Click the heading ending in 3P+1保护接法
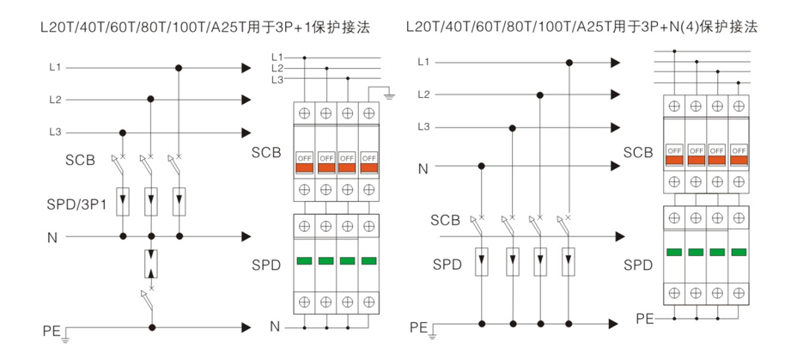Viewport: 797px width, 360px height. (205, 27)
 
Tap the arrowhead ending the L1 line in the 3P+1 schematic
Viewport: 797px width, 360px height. (245, 67)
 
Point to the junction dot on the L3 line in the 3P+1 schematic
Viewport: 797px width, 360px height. (123, 132)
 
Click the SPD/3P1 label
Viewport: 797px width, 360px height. (76, 205)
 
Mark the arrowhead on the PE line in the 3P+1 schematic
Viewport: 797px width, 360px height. (245, 327)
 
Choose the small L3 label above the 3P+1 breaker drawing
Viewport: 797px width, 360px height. (277, 79)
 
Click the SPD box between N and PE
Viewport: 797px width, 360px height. (151, 263)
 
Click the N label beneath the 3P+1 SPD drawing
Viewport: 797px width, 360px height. (275, 326)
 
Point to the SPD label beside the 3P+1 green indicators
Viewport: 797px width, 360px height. (265, 265)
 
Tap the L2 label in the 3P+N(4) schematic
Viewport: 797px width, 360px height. (423, 95)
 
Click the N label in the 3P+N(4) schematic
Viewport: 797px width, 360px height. (423, 168)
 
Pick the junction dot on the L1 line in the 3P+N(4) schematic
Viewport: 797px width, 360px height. (569, 62)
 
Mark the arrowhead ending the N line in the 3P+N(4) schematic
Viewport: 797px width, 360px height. (615, 166)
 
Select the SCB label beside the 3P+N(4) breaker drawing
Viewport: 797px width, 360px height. (637, 153)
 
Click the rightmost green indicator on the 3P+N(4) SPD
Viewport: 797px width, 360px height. (739, 252)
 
